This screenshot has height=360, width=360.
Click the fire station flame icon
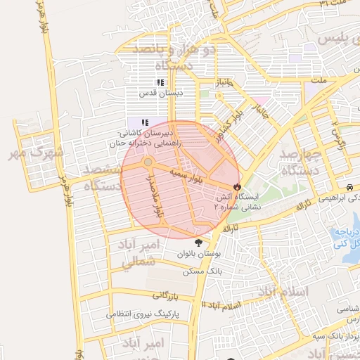tap(237, 188)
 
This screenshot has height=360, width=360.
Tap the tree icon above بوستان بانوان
tap(206, 243)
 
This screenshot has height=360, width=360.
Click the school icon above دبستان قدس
tap(160, 83)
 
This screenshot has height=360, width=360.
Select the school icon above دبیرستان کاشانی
tap(146, 122)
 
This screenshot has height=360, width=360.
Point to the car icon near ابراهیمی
tap(349, 188)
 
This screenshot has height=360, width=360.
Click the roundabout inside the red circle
tap(148, 163)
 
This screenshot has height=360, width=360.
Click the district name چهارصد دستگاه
tap(300, 162)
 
